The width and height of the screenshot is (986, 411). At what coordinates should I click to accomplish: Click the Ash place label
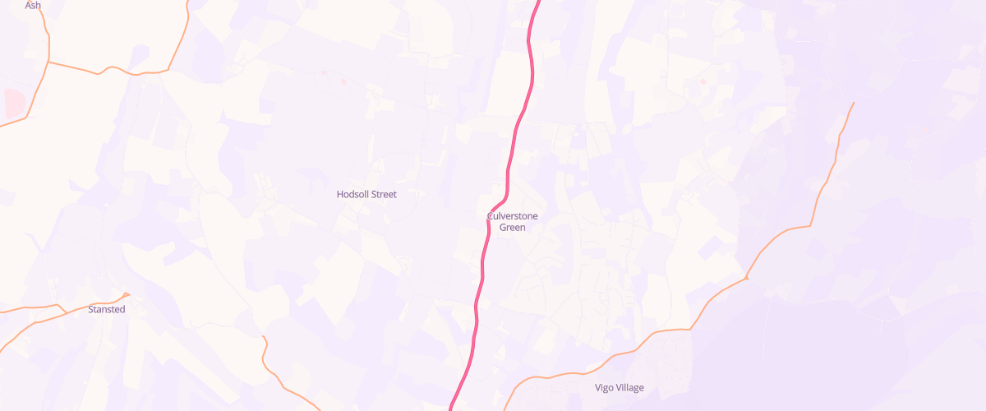point(33,5)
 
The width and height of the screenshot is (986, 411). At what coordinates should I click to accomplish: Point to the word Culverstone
point(512,216)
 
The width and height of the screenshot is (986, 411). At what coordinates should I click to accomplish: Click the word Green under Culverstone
point(512,228)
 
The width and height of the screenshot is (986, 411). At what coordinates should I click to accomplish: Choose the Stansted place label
point(107,309)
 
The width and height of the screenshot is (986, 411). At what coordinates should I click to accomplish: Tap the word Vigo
point(605,388)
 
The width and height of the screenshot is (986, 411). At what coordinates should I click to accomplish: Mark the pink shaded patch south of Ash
point(14,104)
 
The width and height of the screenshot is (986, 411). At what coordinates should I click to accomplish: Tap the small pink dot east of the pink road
point(703,81)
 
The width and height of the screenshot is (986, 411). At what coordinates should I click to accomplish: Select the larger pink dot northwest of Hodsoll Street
point(343,81)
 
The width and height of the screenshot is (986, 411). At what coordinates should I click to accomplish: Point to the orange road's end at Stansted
point(128,294)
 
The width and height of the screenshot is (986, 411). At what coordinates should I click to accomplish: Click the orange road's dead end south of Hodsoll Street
point(264,337)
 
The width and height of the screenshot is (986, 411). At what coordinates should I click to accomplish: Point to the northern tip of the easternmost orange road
point(854,103)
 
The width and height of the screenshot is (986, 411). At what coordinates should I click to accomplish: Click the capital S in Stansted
point(91,309)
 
